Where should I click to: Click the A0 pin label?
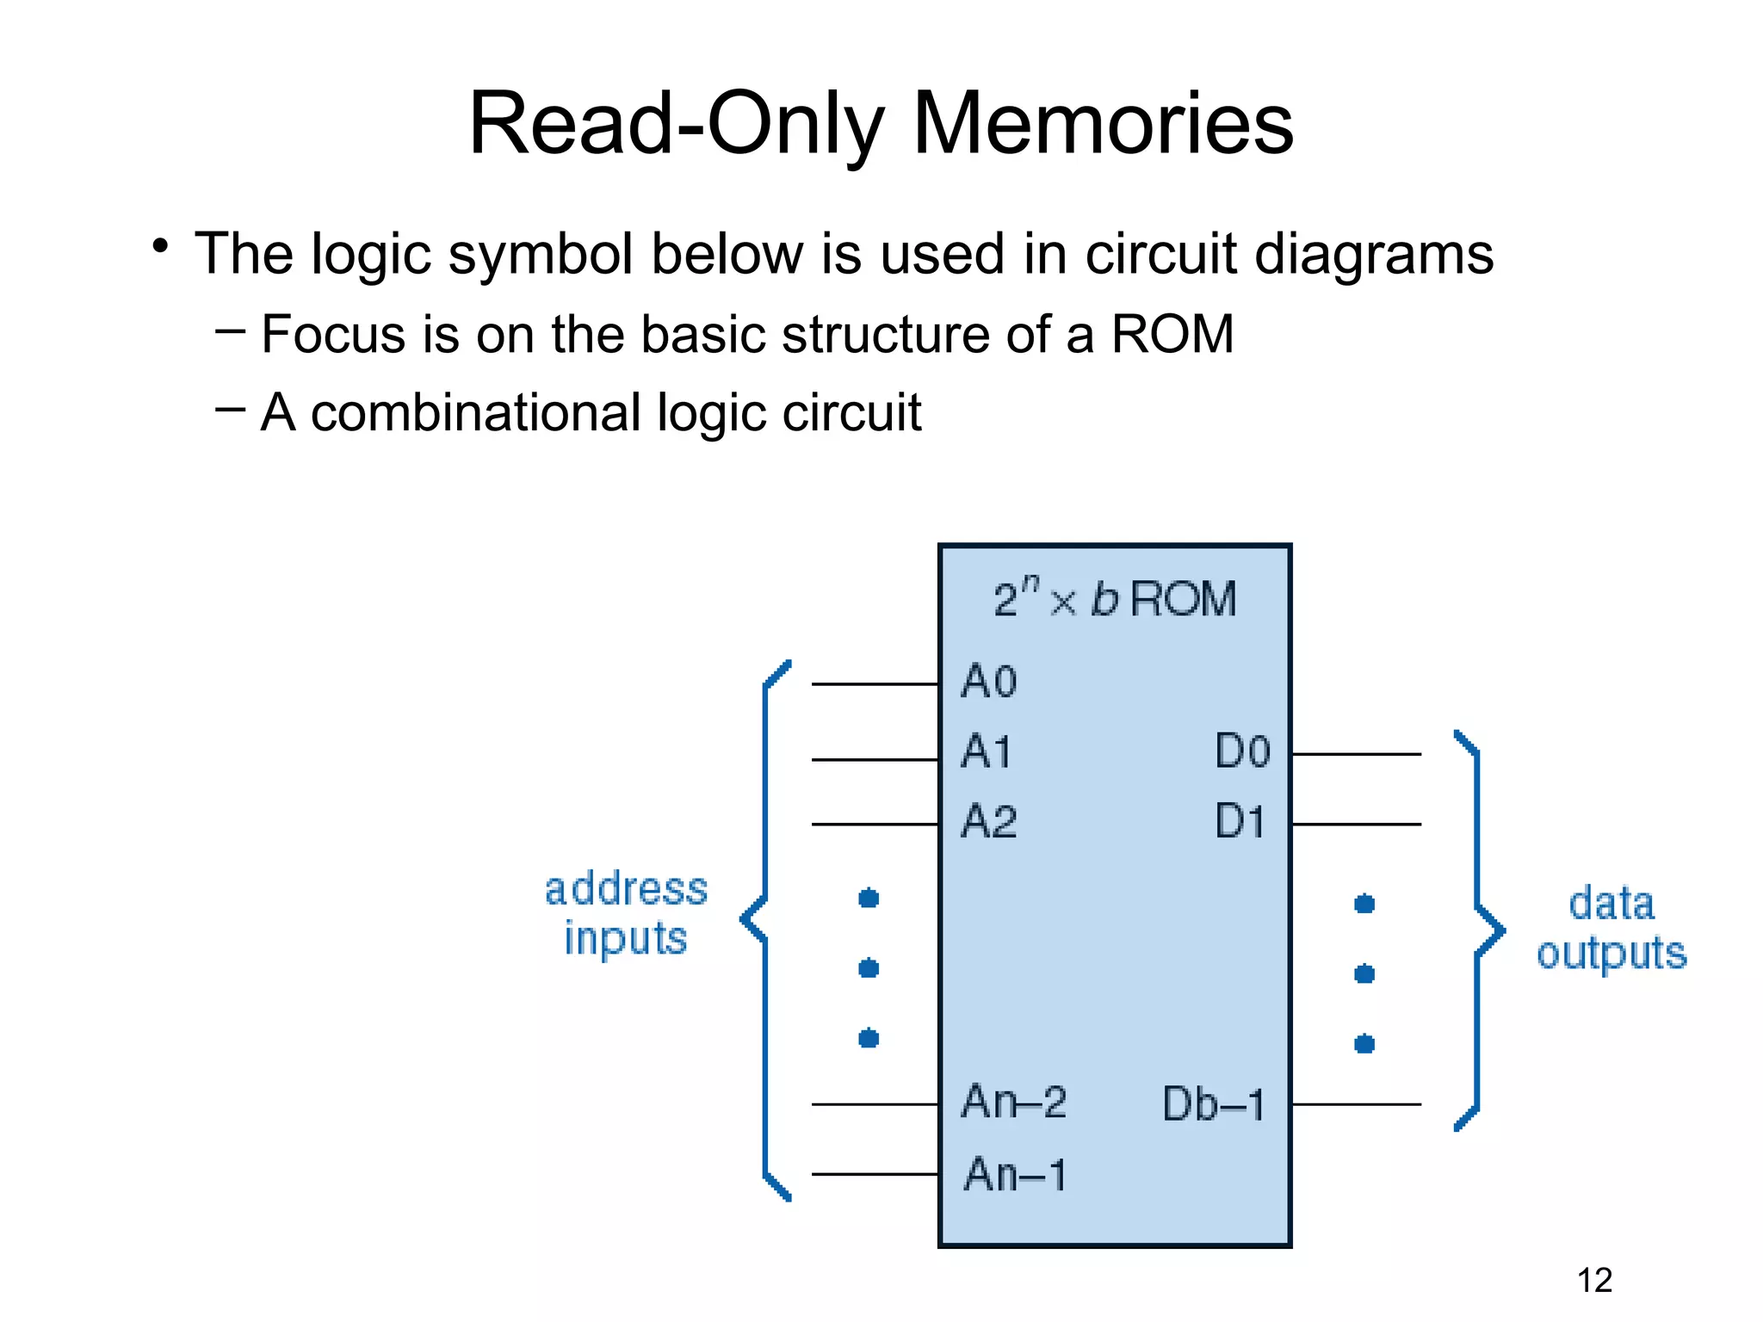989,682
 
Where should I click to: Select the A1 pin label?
987,752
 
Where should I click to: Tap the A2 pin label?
989,821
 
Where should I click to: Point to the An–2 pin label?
1014,1102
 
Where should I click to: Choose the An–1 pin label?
1015,1175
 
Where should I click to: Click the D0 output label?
1242,751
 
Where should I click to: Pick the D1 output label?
1240,821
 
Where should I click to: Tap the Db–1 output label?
1214,1104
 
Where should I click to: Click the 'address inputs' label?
626,913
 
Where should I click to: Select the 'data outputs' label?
1611,928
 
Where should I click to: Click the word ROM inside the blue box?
1183,599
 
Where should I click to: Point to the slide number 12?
1594,1281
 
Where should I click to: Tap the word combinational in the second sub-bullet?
476,412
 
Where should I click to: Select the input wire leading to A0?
874,684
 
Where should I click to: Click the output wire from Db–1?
1356,1104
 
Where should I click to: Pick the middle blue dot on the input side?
869,969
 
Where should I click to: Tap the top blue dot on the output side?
1364,904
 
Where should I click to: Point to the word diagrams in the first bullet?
1374,255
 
